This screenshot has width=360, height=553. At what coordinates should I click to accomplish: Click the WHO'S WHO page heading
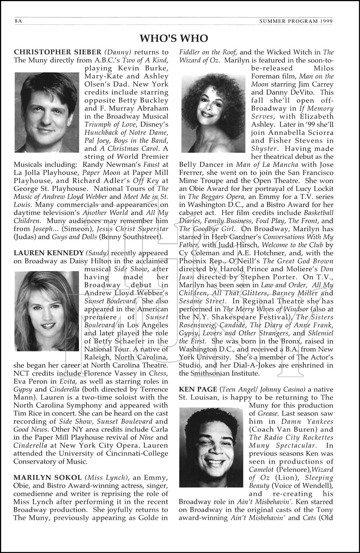click(174, 38)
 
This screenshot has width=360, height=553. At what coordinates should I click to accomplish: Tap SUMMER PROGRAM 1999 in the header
click(296, 21)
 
